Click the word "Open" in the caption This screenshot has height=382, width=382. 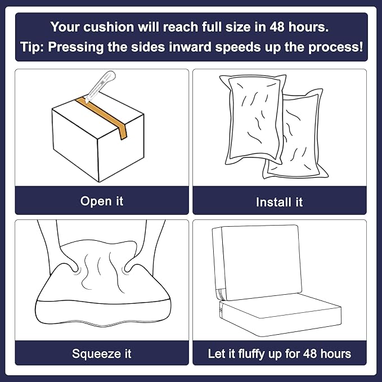tap(93, 202)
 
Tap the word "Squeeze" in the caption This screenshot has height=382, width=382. tap(96, 354)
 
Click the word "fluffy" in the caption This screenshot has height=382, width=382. tap(251, 354)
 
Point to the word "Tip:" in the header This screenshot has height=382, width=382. tap(32, 47)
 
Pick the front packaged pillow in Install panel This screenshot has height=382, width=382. tap(253, 119)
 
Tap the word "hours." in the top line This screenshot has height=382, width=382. tap(308, 27)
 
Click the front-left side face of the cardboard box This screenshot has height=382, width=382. tap(75, 145)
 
